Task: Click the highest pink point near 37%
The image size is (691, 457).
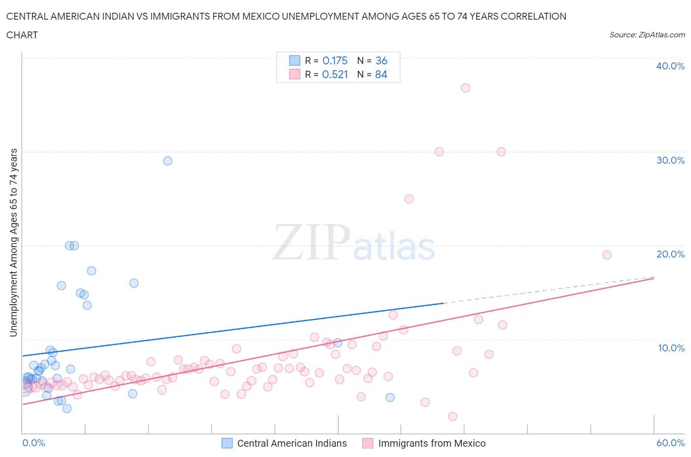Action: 465,88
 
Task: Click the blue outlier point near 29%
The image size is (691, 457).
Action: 168,161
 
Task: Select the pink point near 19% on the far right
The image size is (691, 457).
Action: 606,255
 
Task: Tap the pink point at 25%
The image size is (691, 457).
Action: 409,199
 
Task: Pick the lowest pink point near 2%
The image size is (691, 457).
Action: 453,416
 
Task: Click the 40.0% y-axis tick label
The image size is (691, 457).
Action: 670,66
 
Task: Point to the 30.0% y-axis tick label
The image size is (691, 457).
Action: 670,160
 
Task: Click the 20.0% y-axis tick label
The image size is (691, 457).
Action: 670,254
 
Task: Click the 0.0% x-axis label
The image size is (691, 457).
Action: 33,443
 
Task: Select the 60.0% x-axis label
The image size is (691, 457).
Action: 670,443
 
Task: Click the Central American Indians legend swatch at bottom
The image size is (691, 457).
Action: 227,443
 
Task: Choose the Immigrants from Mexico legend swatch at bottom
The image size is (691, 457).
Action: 368,443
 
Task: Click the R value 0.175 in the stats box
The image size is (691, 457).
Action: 335,60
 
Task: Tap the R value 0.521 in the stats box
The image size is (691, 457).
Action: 335,74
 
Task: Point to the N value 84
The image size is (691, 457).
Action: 381,74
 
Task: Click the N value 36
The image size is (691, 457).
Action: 381,60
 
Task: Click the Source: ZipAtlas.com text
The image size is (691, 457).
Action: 647,34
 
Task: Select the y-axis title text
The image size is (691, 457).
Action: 13,242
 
